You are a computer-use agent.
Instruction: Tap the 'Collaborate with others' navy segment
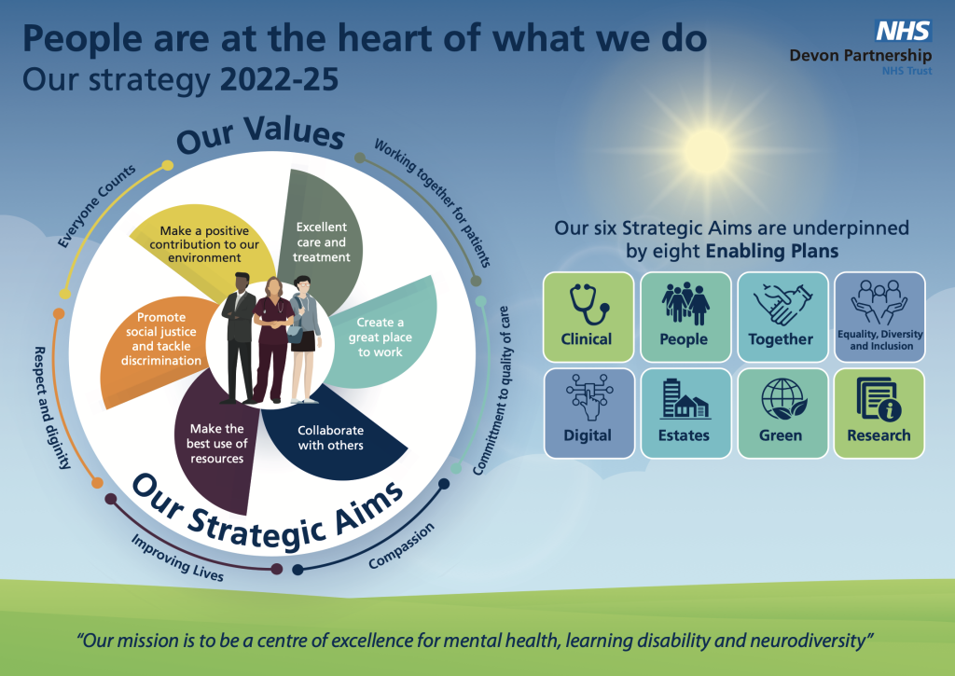(x=336, y=438)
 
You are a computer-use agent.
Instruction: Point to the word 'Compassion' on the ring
(x=402, y=546)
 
